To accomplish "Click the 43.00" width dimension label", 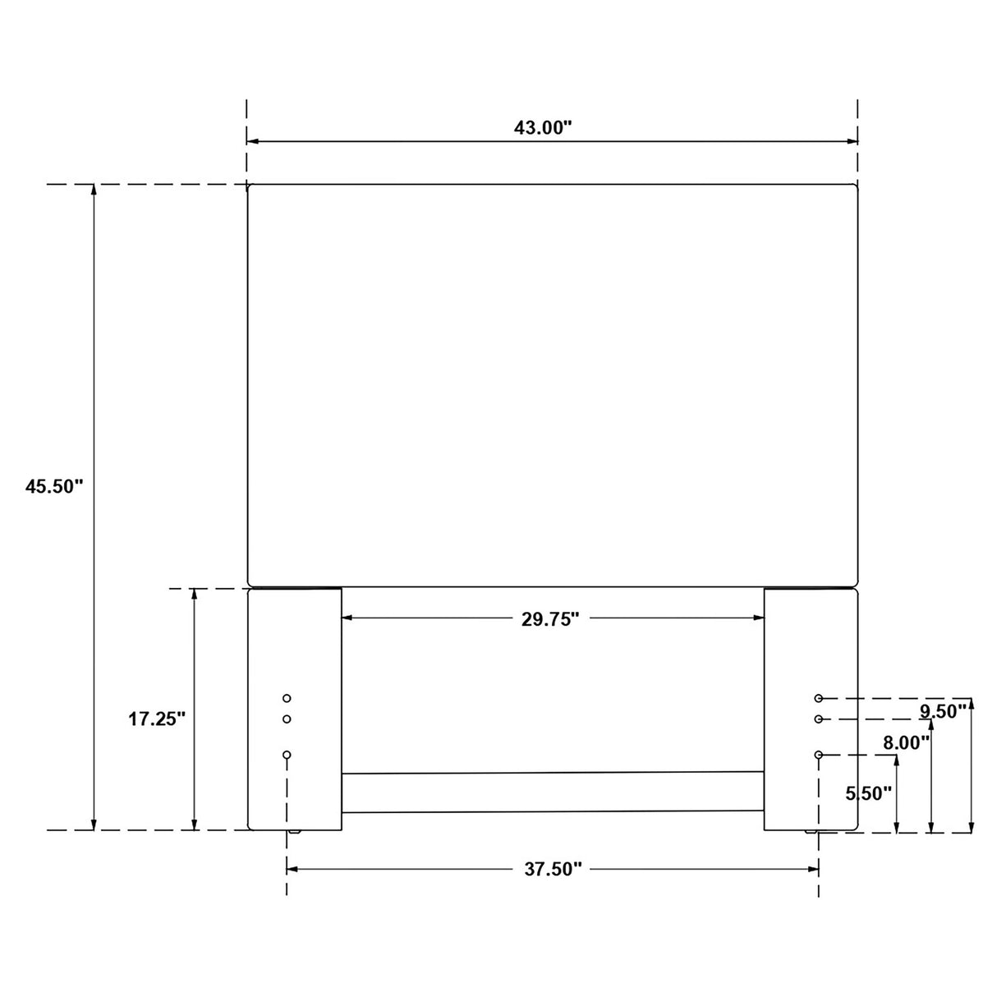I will (x=542, y=127).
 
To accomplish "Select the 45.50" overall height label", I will (x=54, y=486).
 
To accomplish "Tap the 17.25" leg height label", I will (x=157, y=719).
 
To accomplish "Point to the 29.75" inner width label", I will (x=550, y=619).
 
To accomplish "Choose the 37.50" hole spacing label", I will (x=553, y=870).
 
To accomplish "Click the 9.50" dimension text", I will (x=943, y=712).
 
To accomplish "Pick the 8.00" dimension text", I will (x=906, y=742).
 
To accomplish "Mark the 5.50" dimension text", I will (x=869, y=793).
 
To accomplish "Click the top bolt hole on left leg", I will (x=287, y=698).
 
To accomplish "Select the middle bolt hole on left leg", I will (x=287, y=719).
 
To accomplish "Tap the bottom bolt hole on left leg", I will (x=287, y=755).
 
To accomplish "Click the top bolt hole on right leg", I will (x=819, y=698).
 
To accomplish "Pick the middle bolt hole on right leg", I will (x=819, y=719).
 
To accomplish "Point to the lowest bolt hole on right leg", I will (x=819, y=755).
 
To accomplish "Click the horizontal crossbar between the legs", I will (x=552, y=792).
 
